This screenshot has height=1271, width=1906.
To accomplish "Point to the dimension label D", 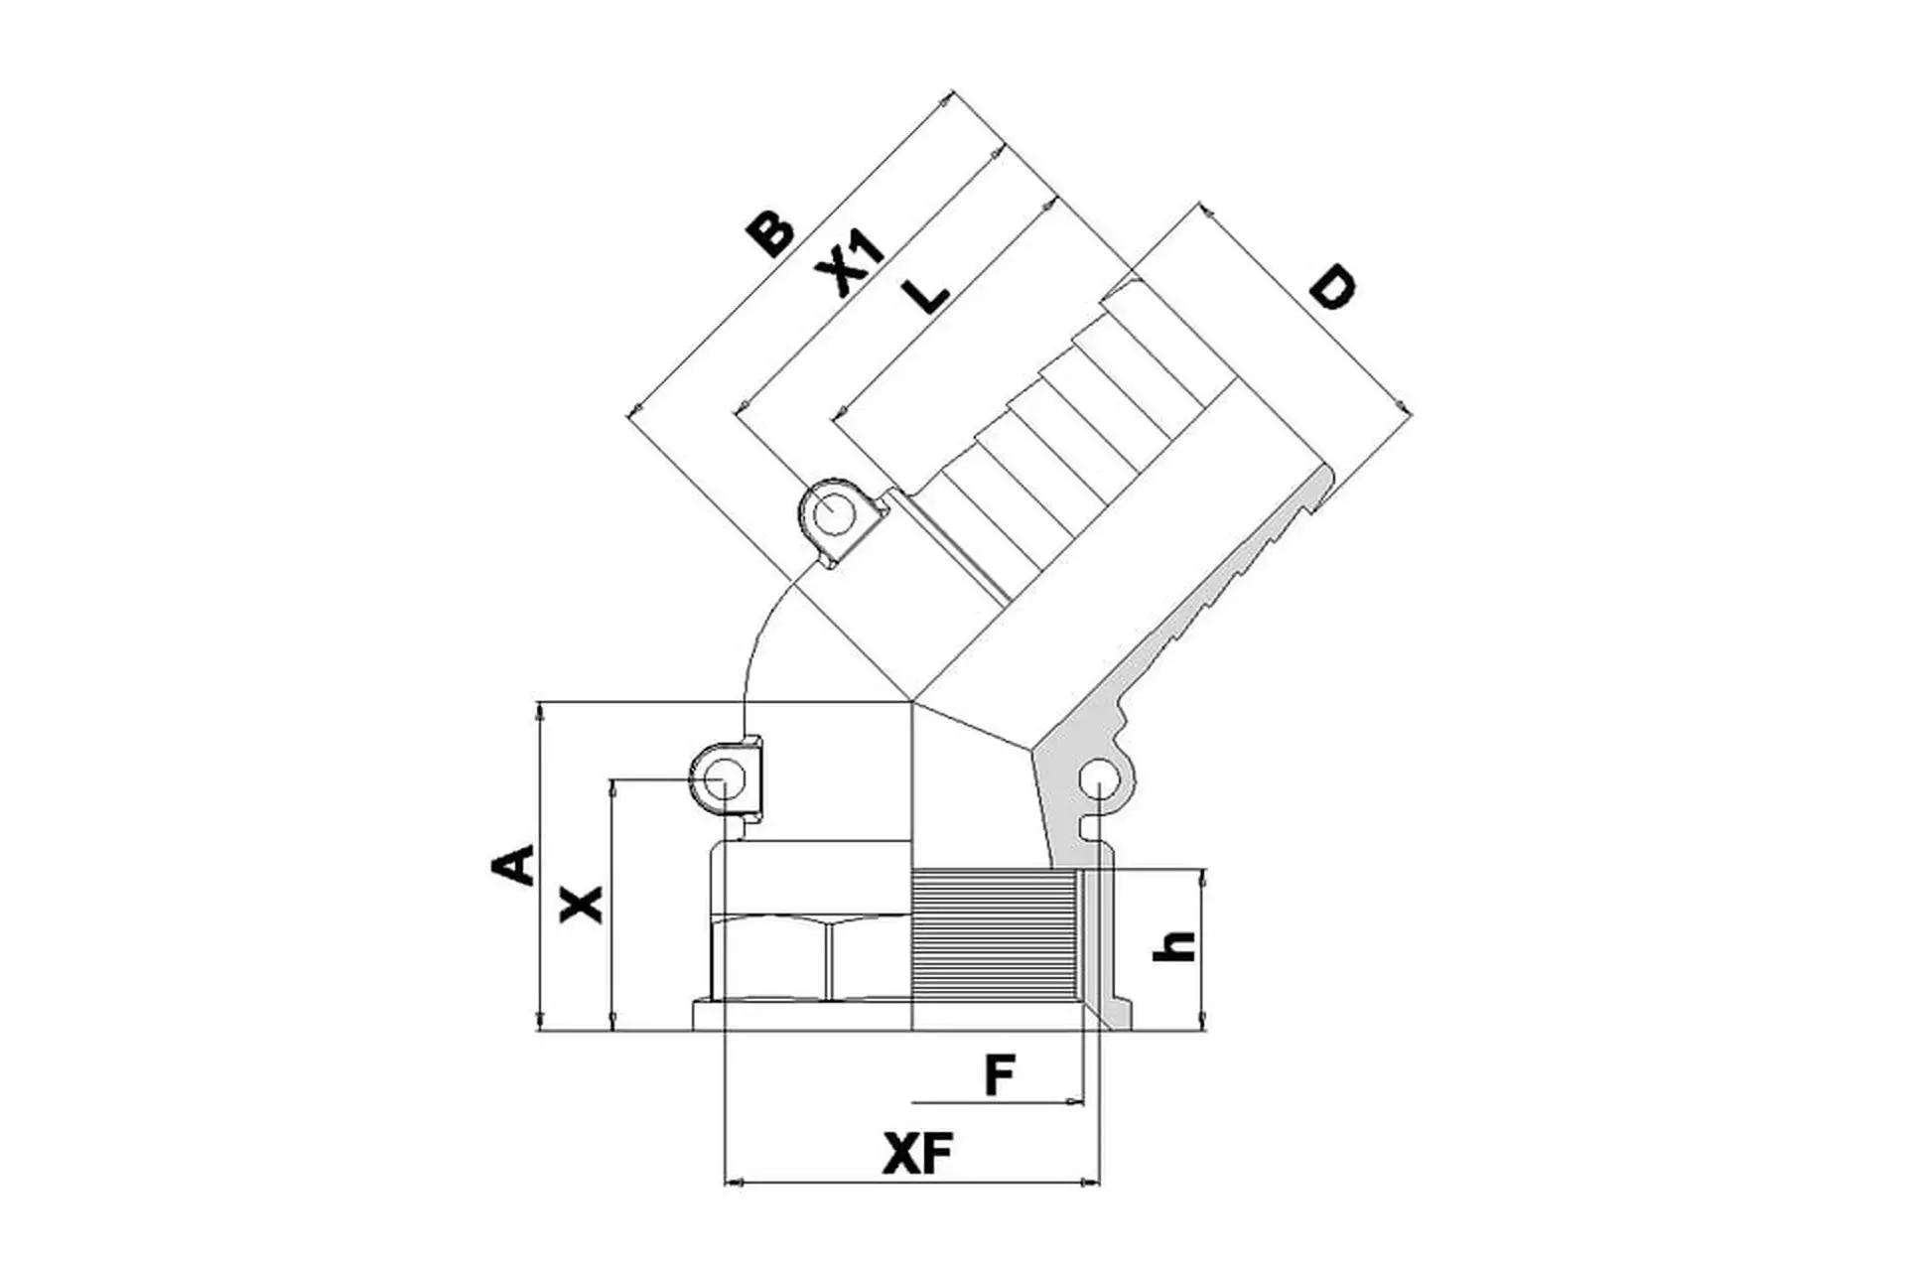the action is point(1330,288).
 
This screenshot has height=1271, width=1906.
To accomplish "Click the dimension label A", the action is point(513,865).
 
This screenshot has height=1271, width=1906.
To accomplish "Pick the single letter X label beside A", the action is point(582,904).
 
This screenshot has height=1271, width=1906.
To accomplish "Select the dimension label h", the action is point(1173,946).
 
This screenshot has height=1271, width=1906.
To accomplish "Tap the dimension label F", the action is point(1000,1075).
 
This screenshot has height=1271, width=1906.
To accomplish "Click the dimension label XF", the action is point(917,1154).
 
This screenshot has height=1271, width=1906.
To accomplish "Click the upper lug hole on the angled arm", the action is point(830,514).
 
